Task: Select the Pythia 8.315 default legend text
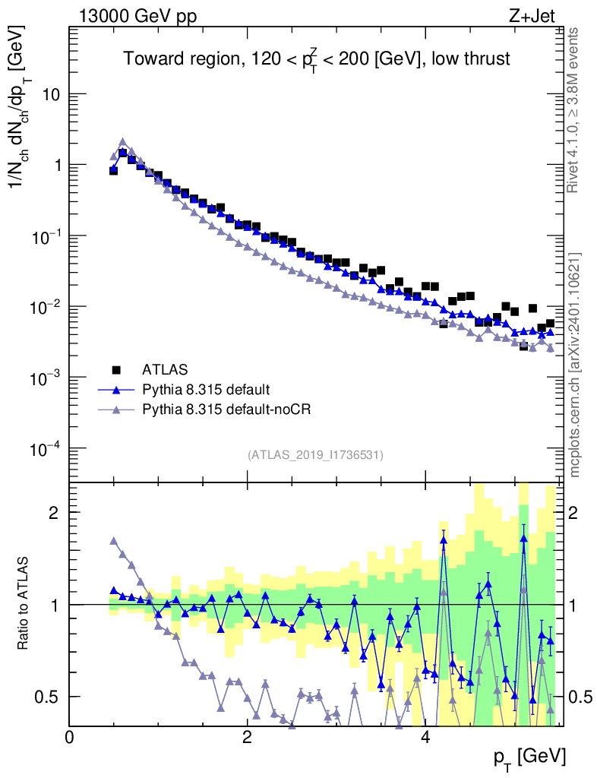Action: [206, 391]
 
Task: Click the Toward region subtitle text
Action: [317, 60]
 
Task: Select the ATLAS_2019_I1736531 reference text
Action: [315, 455]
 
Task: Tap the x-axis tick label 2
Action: [247, 737]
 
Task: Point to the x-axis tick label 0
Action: [70, 737]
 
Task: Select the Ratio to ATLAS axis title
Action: [24, 604]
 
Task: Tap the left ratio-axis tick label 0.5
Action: [49, 697]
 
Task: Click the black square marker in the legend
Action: [116, 370]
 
